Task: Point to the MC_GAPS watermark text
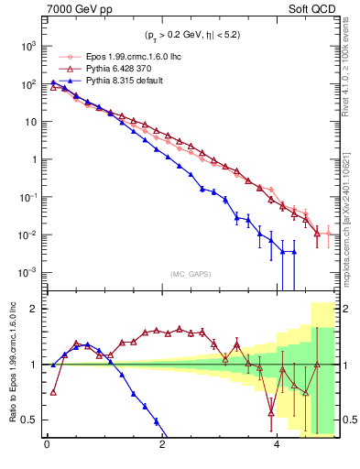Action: pyautogui.click(x=189, y=274)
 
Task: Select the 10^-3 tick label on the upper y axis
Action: pyautogui.click(x=29, y=273)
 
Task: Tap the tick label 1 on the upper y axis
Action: pyautogui.click(x=35, y=159)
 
